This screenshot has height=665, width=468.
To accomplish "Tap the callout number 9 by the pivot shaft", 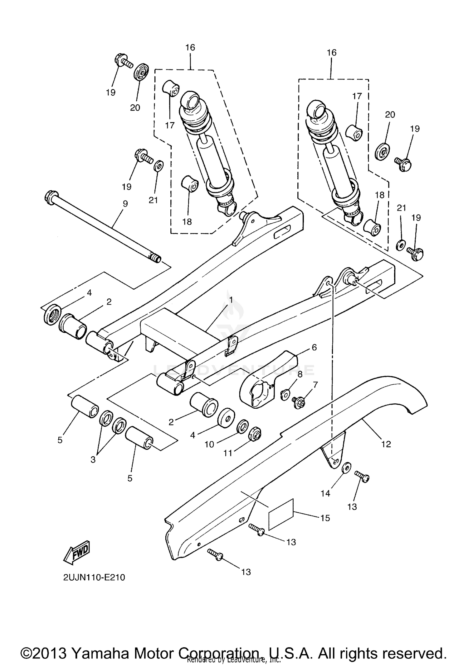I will click(x=125, y=204).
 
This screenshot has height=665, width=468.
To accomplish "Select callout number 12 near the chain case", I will click(x=386, y=444).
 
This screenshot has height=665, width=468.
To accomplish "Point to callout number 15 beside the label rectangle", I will click(x=325, y=518).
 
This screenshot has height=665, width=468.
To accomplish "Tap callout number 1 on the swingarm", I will click(x=231, y=300).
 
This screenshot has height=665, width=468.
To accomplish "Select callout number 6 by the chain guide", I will click(x=314, y=347).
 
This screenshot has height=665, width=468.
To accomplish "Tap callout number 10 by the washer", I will click(x=209, y=444).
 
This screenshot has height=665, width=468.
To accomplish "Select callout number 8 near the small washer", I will click(x=300, y=374).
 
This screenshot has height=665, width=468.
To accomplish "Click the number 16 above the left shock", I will click(x=190, y=47).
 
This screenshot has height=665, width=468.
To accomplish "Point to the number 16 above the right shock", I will click(x=332, y=53).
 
